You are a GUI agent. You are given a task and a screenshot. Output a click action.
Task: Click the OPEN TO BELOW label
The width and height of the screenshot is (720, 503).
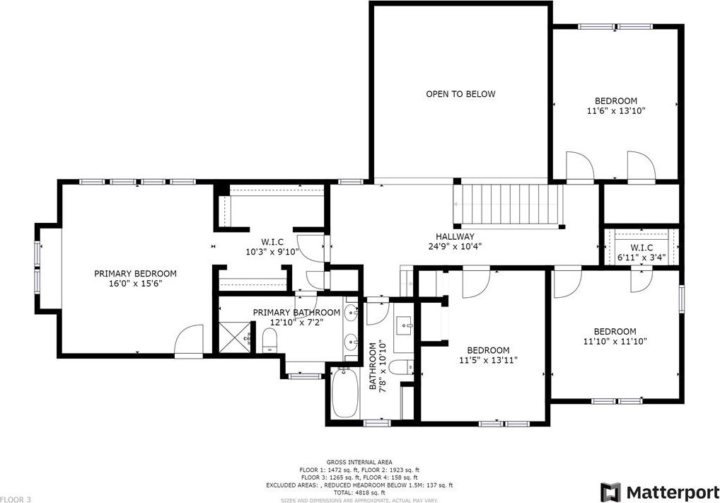(x=460, y=94)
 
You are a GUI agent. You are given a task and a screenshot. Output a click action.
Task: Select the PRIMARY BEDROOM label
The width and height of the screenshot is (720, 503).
(x=135, y=274)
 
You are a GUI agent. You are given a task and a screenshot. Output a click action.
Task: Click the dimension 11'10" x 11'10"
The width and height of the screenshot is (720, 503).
(x=615, y=341)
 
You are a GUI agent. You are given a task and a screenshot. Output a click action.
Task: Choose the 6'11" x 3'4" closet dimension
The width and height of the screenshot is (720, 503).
(x=641, y=257)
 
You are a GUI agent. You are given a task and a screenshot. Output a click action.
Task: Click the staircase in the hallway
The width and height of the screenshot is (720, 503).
(x=509, y=204)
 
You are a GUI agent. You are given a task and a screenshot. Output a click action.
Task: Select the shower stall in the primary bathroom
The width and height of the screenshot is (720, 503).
(x=235, y=337)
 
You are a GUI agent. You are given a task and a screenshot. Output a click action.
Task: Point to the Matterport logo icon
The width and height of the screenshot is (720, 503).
(x=610, y=492)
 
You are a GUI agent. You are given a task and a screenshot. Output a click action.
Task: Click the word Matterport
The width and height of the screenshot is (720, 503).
(x=673, y=492)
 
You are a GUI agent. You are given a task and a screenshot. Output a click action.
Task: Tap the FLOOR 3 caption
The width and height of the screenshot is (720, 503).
(x=16, y=499)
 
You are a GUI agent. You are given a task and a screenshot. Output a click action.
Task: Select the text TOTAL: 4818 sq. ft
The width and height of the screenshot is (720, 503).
(x=359, y=492)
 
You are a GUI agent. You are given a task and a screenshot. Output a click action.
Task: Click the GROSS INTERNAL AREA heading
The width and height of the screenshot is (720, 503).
(x=359, y=462)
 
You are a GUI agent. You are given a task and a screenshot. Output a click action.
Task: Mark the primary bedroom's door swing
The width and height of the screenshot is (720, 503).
(x=189, y=340)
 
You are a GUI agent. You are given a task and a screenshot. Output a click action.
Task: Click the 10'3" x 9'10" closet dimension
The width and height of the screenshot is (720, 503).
(x=272, y=252)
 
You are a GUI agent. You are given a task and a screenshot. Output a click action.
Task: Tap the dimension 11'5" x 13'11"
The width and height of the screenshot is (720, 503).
(x=488, y=361)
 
